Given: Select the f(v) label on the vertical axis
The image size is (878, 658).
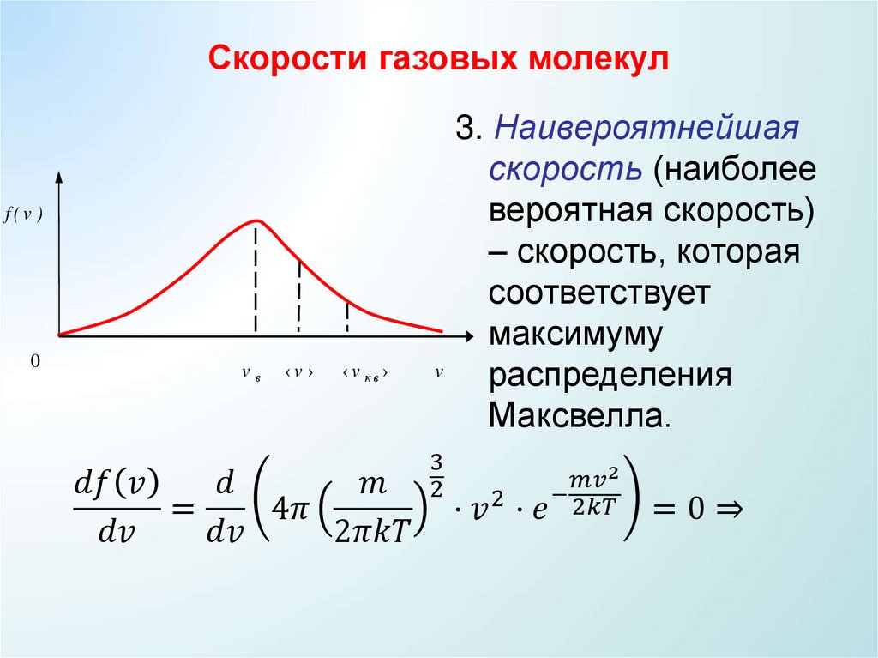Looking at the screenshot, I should (24, 215).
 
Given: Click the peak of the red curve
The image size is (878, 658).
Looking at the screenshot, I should (256, 220).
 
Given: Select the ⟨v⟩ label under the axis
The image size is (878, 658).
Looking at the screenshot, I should (298, 373).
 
